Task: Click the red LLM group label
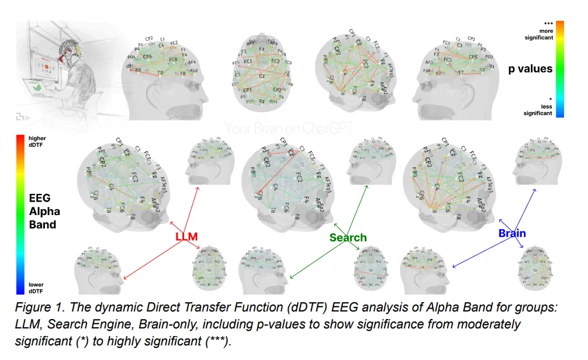[187, 237]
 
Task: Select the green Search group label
[348, 237]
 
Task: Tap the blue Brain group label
[512, 234]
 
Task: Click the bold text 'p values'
[530, 69]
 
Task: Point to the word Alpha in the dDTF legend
[44, 211]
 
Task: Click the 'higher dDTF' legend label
[39, 141]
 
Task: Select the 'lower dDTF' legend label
[37, 287]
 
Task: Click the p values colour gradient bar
[559, 69]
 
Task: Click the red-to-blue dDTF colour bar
[20, 214]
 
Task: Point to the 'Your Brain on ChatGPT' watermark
[289, 127]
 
